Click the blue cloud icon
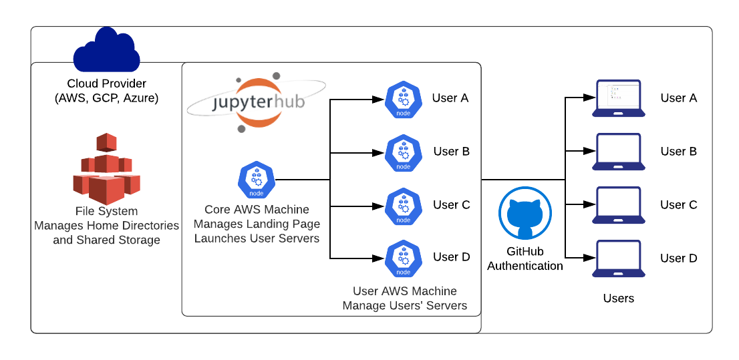pos(107,51)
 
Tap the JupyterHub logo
pos(257,102)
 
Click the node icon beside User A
pos(404,99)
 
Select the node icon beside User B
pos(404,152)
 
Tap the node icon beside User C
pos(404,206)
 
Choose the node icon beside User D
pos(404,258)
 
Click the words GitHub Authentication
pos(525,259)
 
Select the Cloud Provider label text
pos(107,84)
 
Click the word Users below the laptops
pos(619,299)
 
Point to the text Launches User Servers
pos(257,238)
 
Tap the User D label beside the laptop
pos(679,258)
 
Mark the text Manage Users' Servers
pos(405,306)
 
